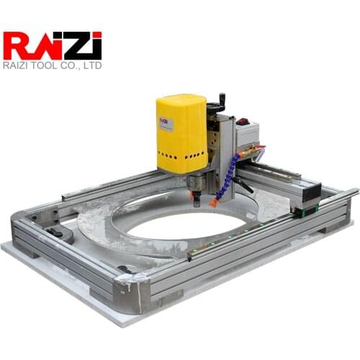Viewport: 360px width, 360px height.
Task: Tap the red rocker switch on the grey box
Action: (243, 122)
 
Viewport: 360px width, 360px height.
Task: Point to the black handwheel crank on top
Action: (220, 103)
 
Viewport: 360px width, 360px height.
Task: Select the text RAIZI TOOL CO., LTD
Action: (53, 66)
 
